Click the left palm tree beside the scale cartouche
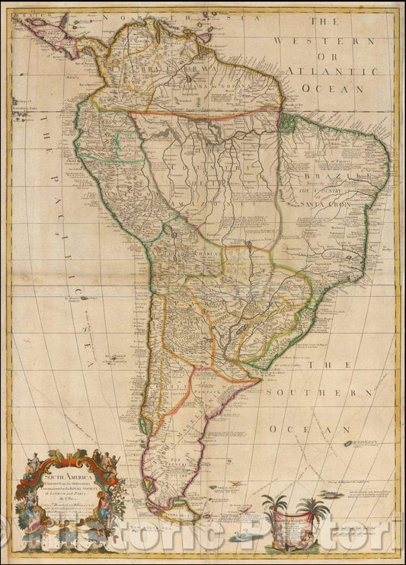click(x=273, y=506)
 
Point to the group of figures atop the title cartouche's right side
click(x=107, y=461)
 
